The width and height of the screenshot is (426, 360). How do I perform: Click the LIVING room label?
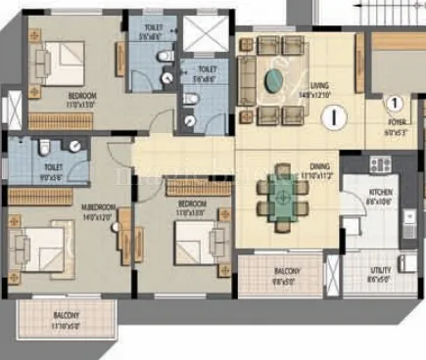tap(320, 85)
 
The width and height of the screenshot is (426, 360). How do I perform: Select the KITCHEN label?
tap(382, 193)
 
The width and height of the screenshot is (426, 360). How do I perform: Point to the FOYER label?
tap(395, 121)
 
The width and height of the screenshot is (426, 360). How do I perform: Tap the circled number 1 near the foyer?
tap(393, 102)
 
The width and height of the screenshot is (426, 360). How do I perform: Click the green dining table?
tap(281, 196)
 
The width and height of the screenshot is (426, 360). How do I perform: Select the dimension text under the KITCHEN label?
tap(382, 202)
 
